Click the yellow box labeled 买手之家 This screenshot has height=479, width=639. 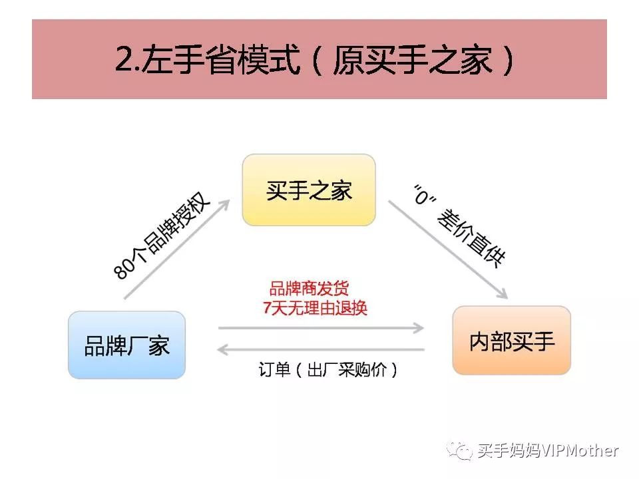point(309,190)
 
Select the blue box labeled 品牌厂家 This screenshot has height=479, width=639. point(126,345)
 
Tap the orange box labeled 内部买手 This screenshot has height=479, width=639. point(511,341)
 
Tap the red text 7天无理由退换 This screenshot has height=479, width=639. point(315,308)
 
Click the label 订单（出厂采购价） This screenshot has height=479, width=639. point(328,370)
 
